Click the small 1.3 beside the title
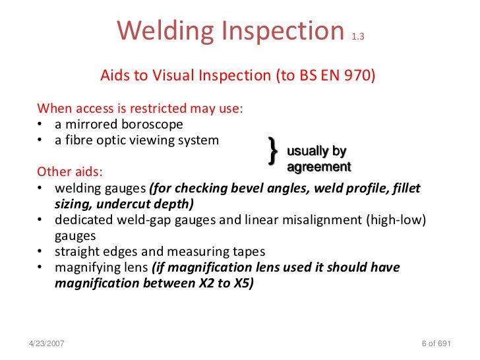[357, 37]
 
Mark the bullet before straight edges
[41, 251]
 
